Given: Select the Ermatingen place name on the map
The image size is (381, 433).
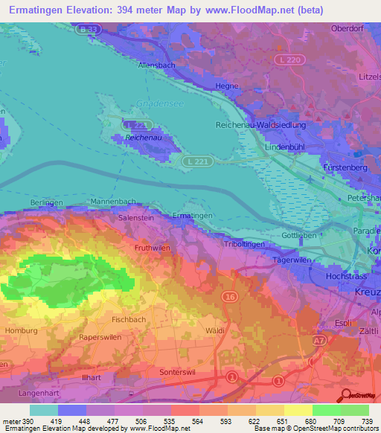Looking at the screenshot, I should [x=193, y=215].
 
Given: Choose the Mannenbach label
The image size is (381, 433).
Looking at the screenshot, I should [x=112, y=202].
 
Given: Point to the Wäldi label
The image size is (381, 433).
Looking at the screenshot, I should [x=215, y=329].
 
